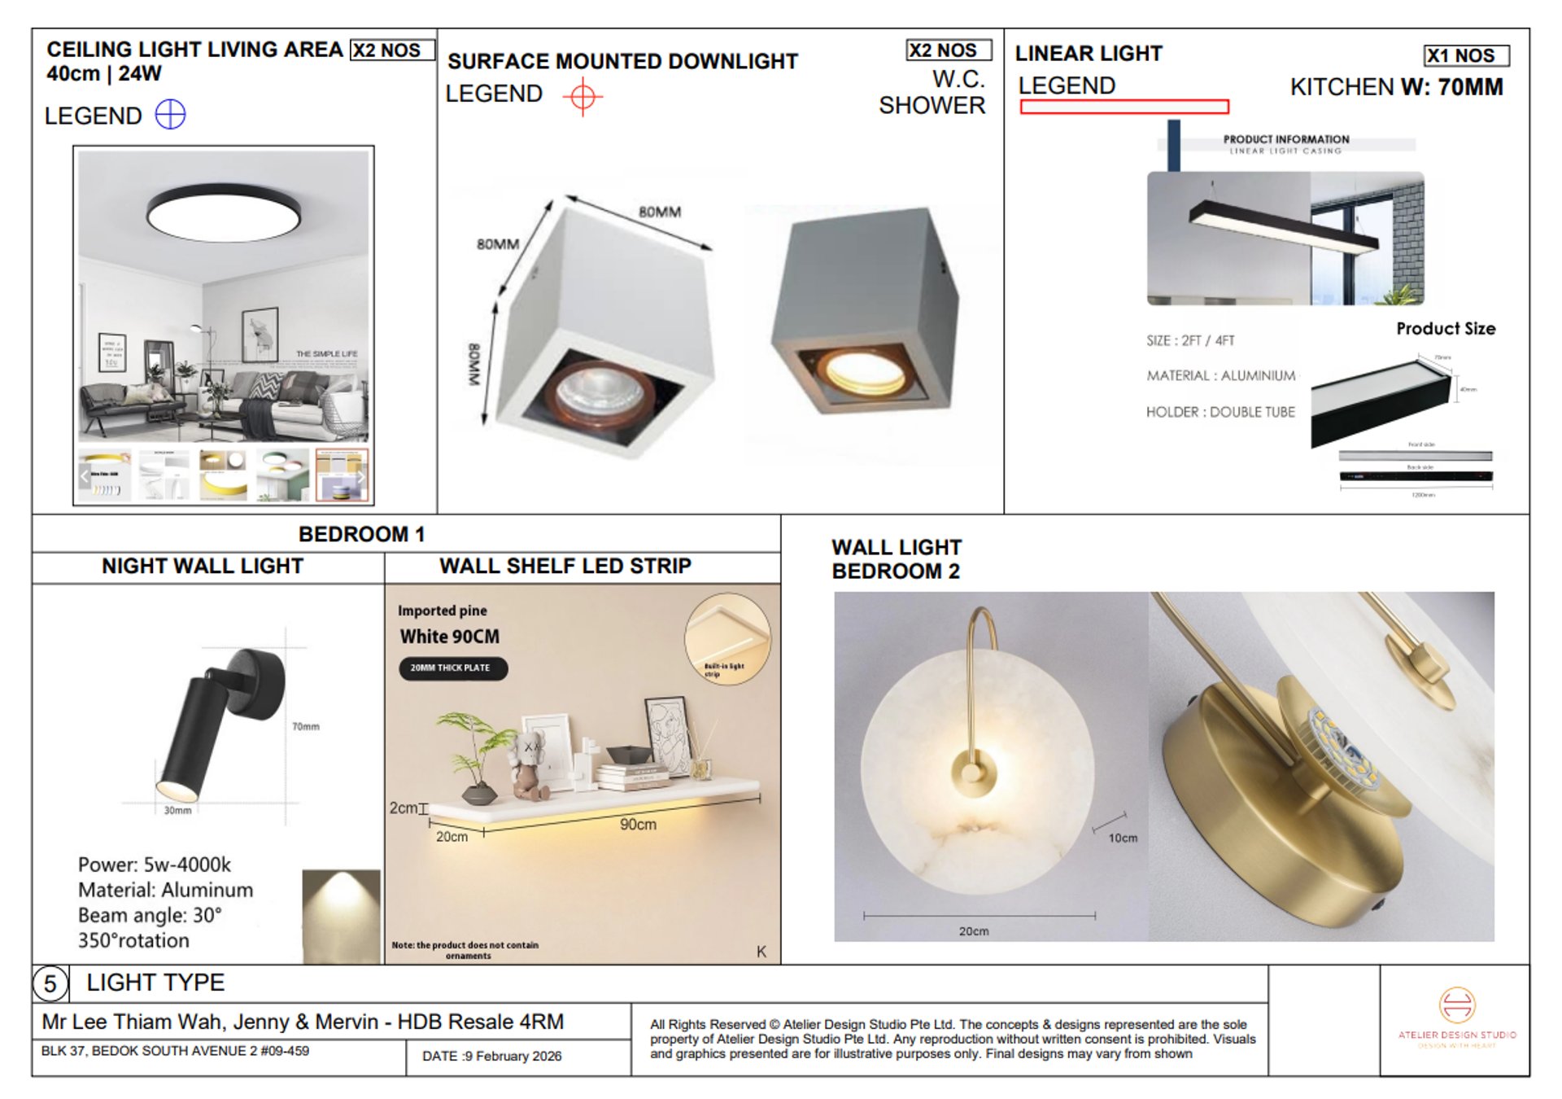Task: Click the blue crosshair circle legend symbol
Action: coord(170,115)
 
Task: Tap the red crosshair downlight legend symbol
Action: coord(582,97)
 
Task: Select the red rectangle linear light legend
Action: coord(1124,107)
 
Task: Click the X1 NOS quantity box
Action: coord(1466,55)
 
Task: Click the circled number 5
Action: coord(50,983)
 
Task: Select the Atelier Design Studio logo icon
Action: coord(1456,1005)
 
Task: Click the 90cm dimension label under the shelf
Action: coord(638,825)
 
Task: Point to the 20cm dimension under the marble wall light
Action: coord(973,930)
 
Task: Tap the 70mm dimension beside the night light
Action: coord(306,726)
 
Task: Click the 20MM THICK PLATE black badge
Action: coord(452,668)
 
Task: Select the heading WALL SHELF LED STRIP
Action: coord(565,567)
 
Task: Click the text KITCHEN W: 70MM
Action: coord(1396,88)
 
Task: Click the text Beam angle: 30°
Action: coord(151,915)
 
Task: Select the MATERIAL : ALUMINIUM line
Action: coord(1220,376)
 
